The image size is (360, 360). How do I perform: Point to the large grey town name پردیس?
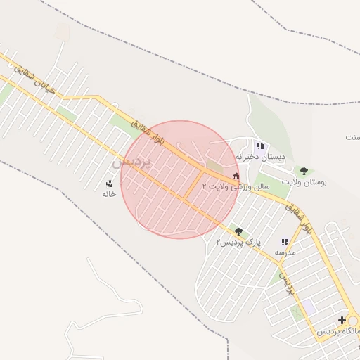131,162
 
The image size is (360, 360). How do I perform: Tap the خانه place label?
108,193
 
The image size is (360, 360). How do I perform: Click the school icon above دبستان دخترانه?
259,146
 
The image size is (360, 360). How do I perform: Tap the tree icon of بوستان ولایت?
304,171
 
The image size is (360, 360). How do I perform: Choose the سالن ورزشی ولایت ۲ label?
236,187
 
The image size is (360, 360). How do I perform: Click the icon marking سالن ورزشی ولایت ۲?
236,176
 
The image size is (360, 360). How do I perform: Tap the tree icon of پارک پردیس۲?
238,231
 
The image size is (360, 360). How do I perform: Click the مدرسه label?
285,252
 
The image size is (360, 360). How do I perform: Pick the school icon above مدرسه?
285,242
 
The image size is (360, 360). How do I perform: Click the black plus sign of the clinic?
342,321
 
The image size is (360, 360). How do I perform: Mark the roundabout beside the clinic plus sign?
354,320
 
